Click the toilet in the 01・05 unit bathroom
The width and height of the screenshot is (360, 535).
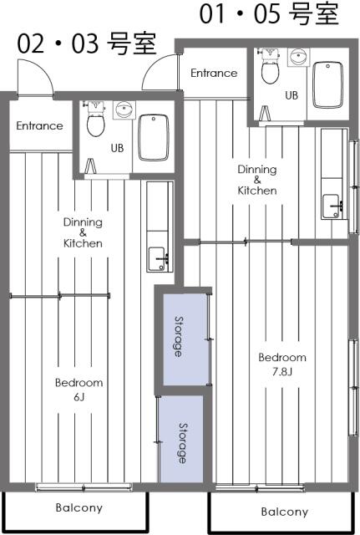pyautogui.click(x=270, y=67)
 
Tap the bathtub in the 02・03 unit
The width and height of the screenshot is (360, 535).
pyautogui.click(x=154, y=137)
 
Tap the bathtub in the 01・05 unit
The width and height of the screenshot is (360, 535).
pyautogui.click(x=327, y=85)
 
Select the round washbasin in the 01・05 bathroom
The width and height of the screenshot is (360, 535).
pyautogui.click(x=299, y=57)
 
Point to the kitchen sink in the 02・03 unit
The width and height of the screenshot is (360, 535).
pyautogui.click(x=159, y=259)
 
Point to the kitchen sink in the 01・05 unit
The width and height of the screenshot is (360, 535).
pyautogui.click(x=332, y=206)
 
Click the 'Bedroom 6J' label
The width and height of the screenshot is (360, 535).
pyautogui.click(x=79, y=390)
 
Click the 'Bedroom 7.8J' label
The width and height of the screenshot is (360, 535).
pyautogui.click(x=282, y=364)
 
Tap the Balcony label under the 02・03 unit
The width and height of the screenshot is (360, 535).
pyautogui.click(x=79, y=507)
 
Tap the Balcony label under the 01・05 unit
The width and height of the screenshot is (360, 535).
pyautogui.click(x=285, y=512)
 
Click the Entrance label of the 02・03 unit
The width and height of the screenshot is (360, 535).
pyautogui.click(x=40, y=125)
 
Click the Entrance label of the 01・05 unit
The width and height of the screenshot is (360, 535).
pyautogui.click(x=214, y=73)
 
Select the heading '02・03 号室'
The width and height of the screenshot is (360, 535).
pyautogui.click(x=87, y=43)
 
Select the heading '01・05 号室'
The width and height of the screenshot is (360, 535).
pyautogui.click(x=269, y=13)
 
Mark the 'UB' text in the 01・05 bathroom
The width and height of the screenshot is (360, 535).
pyautogui.click(x=292, y=95)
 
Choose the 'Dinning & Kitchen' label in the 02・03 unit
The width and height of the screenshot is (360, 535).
pyautogui.click(x=83, y=232)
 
